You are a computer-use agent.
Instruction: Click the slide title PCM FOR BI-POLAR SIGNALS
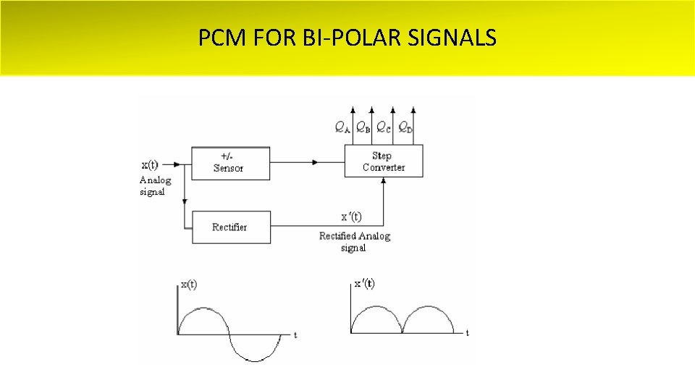coord(347,37)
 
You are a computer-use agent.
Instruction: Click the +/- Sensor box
coord(230,163)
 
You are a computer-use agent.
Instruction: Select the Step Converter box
coord(383,161)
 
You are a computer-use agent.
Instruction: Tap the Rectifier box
coord(230,227)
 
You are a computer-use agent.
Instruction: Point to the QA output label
coord(342,128)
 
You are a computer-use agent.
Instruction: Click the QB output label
coord(363,128)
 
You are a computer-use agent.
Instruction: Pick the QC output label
coord(384,128)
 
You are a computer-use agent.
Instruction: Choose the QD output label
coord(405,128)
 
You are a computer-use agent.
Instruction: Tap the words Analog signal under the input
coord(155,186)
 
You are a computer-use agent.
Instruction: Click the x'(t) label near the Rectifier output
coord(351,216)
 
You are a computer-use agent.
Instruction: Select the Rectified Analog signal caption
coord(354,242)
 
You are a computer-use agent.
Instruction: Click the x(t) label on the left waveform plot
coord(188,285)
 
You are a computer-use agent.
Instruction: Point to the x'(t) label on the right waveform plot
coord(364,283)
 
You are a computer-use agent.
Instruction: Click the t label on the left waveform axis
coord(295,335)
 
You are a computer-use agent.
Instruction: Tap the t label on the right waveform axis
coord(468,333)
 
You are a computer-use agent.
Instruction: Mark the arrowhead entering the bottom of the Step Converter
coord(383,181)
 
